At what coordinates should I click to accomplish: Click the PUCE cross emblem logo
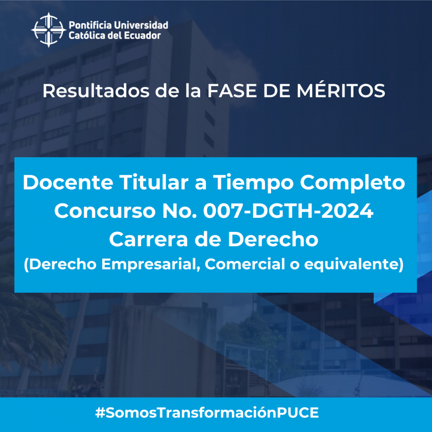pos(48,30)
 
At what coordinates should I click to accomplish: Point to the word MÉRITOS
pos(340,90)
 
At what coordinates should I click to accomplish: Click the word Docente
pos(68,182)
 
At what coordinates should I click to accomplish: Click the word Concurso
pos(105,211)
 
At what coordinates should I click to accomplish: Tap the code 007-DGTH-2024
pos(288,211)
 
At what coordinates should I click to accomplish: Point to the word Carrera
pos(149,239)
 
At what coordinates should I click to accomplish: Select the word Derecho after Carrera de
pos(273,239)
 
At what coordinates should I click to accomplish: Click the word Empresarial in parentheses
pos(150,264)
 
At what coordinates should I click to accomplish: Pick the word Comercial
pos(245,264)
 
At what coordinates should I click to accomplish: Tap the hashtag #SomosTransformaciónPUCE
pos(207,413)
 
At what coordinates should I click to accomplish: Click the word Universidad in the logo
pos(141,25)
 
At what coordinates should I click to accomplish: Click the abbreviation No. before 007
pos(180,211)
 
